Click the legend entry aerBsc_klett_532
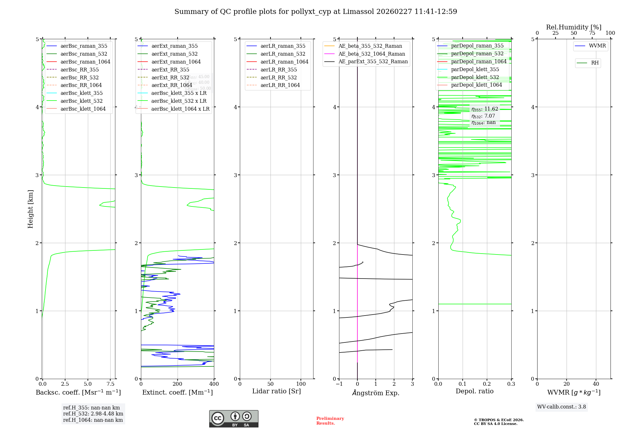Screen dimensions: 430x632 (x=82, y=101)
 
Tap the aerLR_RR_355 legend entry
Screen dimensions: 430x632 (x=278, y=70)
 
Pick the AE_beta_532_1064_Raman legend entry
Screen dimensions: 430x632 (x=372, y=54)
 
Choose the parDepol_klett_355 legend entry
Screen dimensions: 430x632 (x=475, y=69)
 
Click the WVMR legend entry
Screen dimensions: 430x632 (x=597, y=46)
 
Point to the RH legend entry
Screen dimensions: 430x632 (x=595, y=63)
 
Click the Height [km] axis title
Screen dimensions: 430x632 (x=30, y=209)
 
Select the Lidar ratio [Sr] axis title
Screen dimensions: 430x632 (x=276, y=391)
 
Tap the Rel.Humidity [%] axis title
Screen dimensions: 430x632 (x=574, y=27)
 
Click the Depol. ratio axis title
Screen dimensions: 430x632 (x=474, y=391)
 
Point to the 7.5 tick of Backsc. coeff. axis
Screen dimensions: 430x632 (x=110, y=384)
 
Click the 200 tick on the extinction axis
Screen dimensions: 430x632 (x=178, y=384)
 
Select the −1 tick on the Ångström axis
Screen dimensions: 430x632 (x=339, y=384)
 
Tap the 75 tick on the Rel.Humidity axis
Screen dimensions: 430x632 (x=592, y=33)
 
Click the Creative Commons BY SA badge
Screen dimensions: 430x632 (x=234, y=419)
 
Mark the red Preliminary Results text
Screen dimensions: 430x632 (x=330, y=421)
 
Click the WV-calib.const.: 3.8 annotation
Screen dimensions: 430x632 (x=562, y=407)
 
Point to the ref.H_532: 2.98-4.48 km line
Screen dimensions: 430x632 (x=93, y=414)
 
